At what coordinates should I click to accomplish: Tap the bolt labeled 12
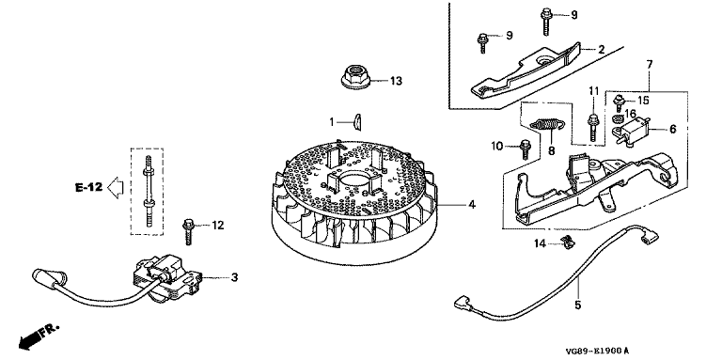click(x=189, y=231)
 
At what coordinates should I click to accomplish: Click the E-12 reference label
click(x=88, y=187)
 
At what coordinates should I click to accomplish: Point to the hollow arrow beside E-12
click(x=115, y=187)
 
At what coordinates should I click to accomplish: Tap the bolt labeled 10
click(x=525, y=149)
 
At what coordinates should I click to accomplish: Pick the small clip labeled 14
click(x=567, y=243)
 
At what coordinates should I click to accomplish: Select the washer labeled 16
click(x=617, y=117)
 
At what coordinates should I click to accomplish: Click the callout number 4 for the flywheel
click(x=472, y=204)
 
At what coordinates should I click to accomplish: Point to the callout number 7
click(x=650, y=65)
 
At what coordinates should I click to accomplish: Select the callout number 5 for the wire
click(x=578, y=305)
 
